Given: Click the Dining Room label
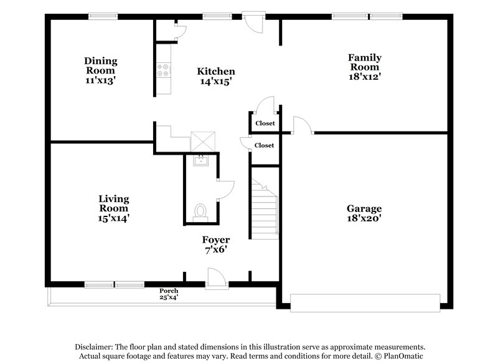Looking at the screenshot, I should coord(101,66).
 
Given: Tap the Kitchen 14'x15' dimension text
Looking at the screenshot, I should coord(216,81).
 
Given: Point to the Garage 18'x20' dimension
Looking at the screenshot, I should coord(364,219).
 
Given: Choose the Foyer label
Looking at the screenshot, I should coord(215,240).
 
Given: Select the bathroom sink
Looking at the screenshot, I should coord(200,162).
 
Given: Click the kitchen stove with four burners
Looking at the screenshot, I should coord(163,70).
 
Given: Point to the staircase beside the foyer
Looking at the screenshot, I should coord(265,206).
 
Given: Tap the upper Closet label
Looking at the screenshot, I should coord(265,123).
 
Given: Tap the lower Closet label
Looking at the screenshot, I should coord(264,145).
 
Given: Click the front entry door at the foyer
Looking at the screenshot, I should coord(215,278).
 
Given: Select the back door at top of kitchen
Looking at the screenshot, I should coord(252,21).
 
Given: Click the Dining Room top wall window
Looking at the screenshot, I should coord(103,17).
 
